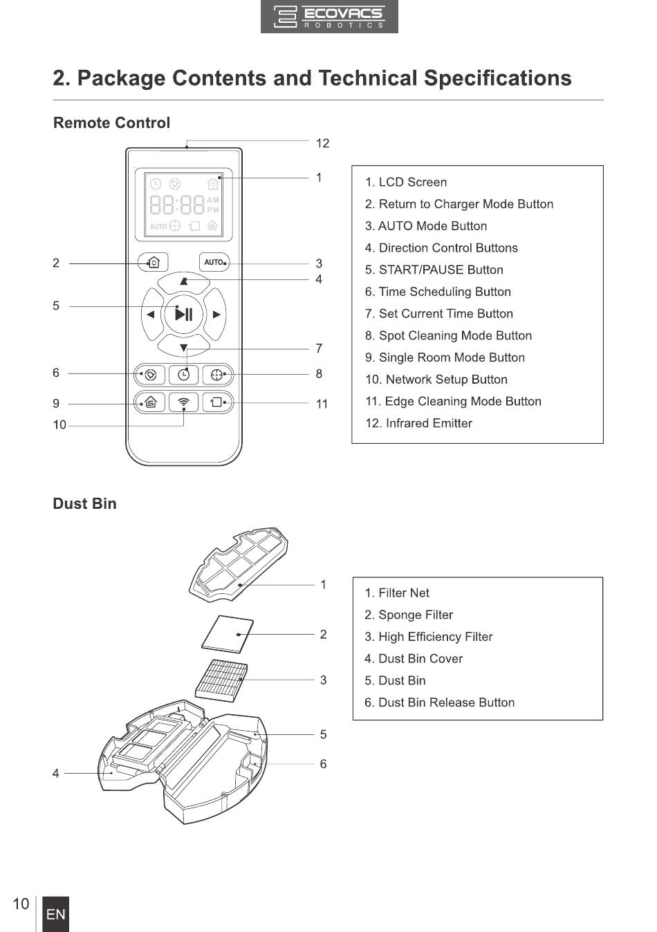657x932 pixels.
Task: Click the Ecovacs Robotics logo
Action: pyautogui.click(x=329, y=17)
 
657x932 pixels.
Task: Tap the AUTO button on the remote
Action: pyautogui.click(x=214, y=262)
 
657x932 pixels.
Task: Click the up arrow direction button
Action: pyautogui.click(x=184, y=282)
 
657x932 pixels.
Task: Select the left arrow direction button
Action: pyautogui.click(x=152, y=315)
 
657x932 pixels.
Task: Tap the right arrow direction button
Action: pyautogui.click(x=216, y=315)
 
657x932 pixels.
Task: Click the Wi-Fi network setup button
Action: pyautogui.click(x=183, y=402)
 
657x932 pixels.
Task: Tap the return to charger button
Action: pyautogui.click(x=153, y=262)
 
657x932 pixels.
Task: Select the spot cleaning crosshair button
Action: pyautogui.click(x=217, y=375)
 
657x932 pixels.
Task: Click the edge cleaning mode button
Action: pyautogui.click(x=217, y=402)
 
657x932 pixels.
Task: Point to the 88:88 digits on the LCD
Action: pyautogui.click(x=177, y=205)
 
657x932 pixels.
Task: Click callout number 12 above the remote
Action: pyautogui.click(x=322, y=144)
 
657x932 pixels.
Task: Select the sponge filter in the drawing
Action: pyautogui.click(x=228, y=634)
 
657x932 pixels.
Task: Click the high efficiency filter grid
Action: pyautogui.click(x=222, y=680)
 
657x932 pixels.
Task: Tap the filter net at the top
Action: pyautogui.click(x=239, y=565)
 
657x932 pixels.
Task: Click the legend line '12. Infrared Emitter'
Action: pyautogui.click(x=418, y=423)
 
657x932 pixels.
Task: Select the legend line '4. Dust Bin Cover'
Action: pyautogui.click(x=413, y=659)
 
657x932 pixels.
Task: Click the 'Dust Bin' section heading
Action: pyautogui.click(x=85, y=503)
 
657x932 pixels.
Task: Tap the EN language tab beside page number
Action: pyautogui.click(x=56, y=914)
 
